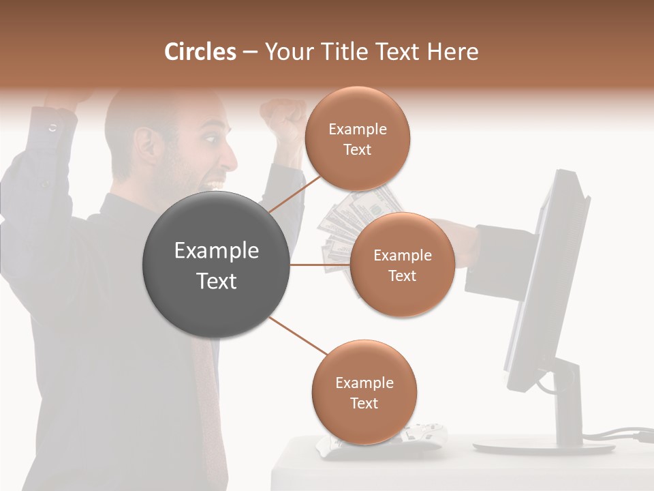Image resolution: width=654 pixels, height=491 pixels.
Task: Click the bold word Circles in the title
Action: (200, 52)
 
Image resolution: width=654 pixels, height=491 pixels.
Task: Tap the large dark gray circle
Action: (216, 265)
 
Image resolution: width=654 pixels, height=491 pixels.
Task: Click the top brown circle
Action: (357, 139)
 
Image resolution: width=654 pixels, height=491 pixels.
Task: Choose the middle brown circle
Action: (402, 265)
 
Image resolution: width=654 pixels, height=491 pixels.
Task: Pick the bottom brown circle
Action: (364, 393)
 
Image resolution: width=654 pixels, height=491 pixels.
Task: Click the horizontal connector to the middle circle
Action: (319, 265)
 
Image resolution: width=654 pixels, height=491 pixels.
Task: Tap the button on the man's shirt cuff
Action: (52, 128)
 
